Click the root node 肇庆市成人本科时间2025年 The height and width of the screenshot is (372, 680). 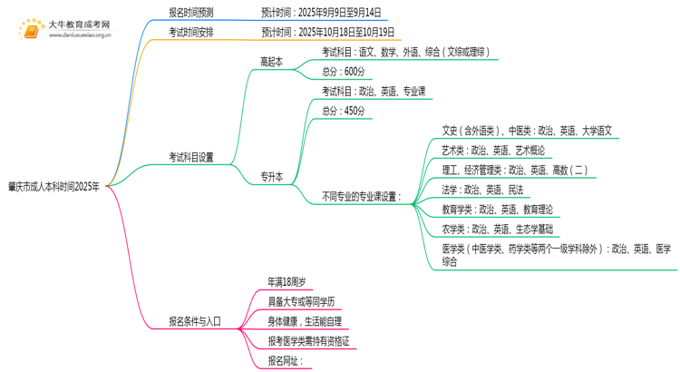click(54, 186)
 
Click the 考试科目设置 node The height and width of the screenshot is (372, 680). click(191, 157)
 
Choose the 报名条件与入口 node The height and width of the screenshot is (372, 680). click(195, 320)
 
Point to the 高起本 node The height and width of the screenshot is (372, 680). click(272, 62)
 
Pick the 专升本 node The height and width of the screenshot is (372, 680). click(272, 177)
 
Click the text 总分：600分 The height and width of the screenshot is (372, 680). click(344, 72)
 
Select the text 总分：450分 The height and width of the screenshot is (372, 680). click(344, 111)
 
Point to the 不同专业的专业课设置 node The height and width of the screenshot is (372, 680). click(362, 196)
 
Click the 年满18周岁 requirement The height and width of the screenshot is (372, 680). click(286, 280)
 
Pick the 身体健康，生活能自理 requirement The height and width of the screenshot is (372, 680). click(305, 320)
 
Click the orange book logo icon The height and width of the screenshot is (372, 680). click(31, 30)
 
